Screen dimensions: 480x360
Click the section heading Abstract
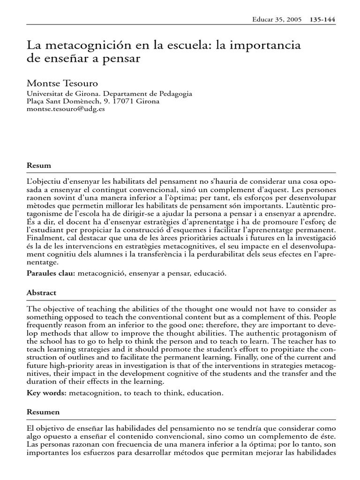[x=42, y=292]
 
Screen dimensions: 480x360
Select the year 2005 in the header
[x=295, y=20]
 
